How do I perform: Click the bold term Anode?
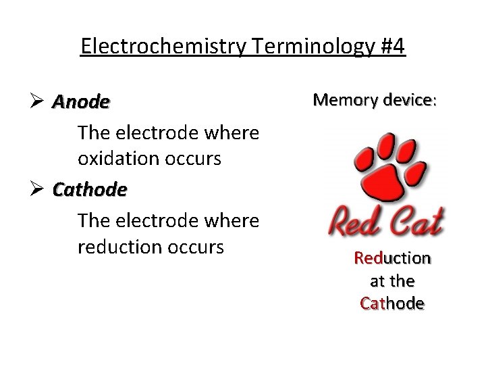81,102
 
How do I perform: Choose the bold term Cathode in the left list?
90,190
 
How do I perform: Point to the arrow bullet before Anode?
38,102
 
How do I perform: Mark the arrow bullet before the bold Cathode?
38,190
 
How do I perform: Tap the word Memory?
344,100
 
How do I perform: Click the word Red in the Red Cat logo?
355,222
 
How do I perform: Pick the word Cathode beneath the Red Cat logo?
392,303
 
